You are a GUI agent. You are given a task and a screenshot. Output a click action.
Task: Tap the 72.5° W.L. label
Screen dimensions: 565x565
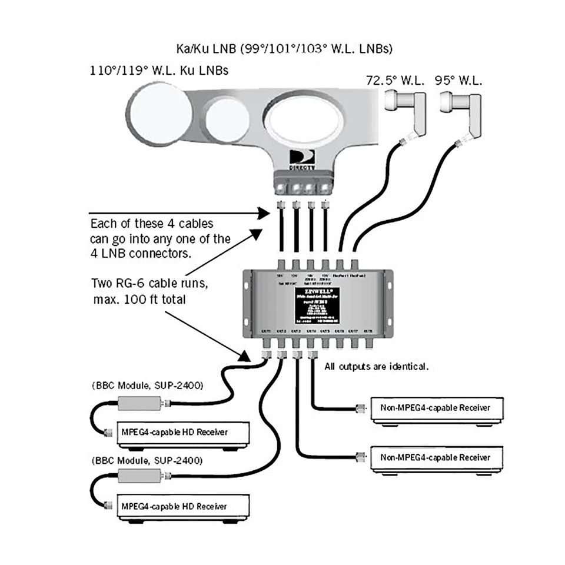(395, 81)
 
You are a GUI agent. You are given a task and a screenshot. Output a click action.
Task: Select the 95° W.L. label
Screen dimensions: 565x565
(458, 81)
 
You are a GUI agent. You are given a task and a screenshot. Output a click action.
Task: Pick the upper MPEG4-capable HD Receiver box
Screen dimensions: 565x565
(183, 433)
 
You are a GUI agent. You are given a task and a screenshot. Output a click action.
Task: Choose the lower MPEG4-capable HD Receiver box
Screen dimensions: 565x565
(183, 507)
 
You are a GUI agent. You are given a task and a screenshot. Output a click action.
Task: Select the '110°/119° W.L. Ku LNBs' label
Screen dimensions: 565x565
(158, 71)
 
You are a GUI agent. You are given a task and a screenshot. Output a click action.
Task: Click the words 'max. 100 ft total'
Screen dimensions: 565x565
(139, 299)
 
